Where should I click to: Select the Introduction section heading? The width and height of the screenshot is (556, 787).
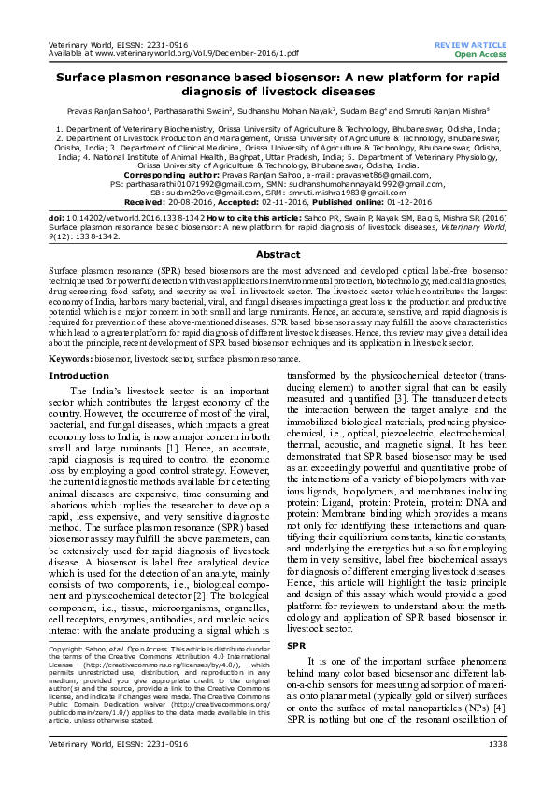[x=78, y=375]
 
